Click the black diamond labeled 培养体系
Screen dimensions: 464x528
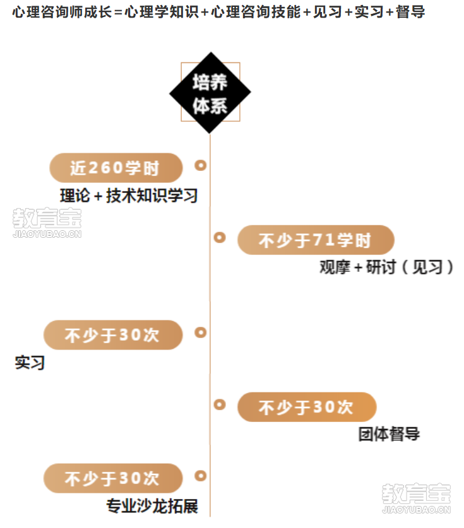[x=210, y=93]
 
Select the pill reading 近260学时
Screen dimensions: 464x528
[x=116, y=168]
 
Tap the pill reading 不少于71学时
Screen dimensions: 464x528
[x=316, y=240]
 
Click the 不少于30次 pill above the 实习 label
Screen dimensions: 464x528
[x=113, y=335]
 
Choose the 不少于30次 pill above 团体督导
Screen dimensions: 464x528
[x=307, y=407]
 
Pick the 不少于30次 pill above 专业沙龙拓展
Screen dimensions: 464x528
[x=113, y=478]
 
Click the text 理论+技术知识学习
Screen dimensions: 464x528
[x=129, y=196]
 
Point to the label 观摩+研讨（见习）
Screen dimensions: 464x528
[x=386, y=267]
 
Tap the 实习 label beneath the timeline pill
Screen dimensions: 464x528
[x=30, y=363]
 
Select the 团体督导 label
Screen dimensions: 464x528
[x=389, y=434]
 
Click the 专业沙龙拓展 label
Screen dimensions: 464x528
[x=152, y=506]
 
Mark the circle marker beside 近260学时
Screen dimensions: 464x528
[x=201, y=165]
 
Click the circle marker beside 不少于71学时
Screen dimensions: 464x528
[x=220, y=237]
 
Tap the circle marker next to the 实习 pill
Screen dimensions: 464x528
[x=201, y=332]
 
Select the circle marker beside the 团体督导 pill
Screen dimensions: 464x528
[x=220, y=404]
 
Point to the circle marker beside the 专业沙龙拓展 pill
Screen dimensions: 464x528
[x=201, y=476]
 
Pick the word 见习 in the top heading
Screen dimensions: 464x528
[x=328, y=12]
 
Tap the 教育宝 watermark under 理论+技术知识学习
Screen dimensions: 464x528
[x=47, y=223]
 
